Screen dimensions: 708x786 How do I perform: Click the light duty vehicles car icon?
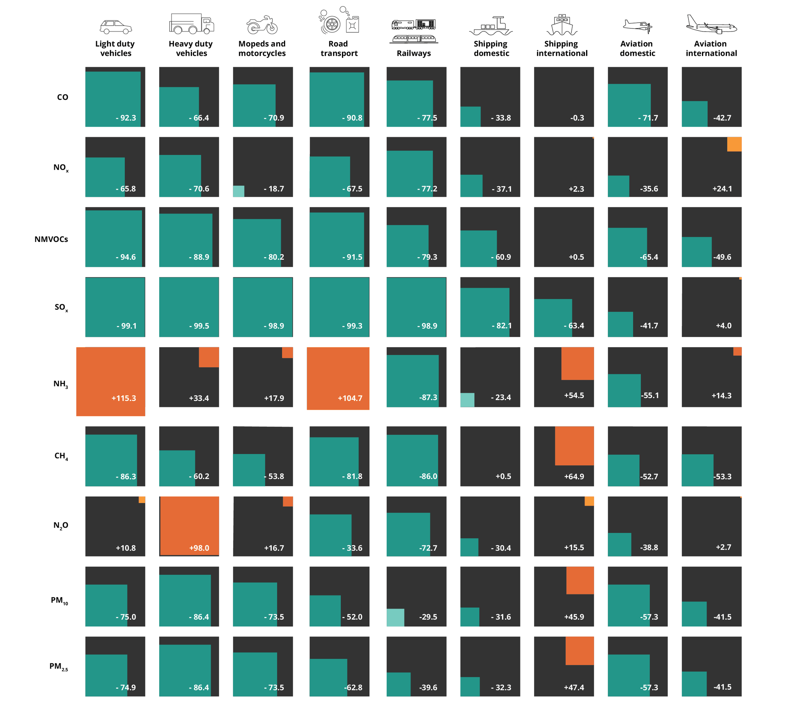(x=116, y=27)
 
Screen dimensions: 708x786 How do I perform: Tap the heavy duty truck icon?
(x=192, y=24)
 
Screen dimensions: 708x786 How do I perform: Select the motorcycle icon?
(x=262, y=25)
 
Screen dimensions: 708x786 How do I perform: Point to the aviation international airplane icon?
(x=711, y=24)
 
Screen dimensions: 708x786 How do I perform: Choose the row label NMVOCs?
(x=51, y=239)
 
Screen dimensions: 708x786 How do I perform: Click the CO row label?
(x=62, y=97)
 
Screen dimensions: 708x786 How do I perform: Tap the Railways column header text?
(x=413, y=53)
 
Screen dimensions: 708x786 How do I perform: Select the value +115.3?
(x=124, y=398)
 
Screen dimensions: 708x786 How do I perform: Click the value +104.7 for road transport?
(x=350, y=398)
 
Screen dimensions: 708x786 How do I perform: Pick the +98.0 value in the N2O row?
(x=199, y=548)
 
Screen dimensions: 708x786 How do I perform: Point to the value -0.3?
(x=577, y=118)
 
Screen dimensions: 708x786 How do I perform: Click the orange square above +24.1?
(x=734, y=144)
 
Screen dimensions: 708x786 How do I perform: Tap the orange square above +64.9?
(x=574, y=446)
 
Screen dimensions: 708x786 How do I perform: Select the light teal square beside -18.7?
(x=238, y=191)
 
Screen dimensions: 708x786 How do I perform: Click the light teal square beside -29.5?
(x=395, y=617)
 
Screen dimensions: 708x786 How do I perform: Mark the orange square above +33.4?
(x=209, y=357)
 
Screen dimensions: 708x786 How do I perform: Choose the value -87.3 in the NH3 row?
(x=428, y=397)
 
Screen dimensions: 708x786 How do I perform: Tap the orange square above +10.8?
(x=142, y=500)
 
